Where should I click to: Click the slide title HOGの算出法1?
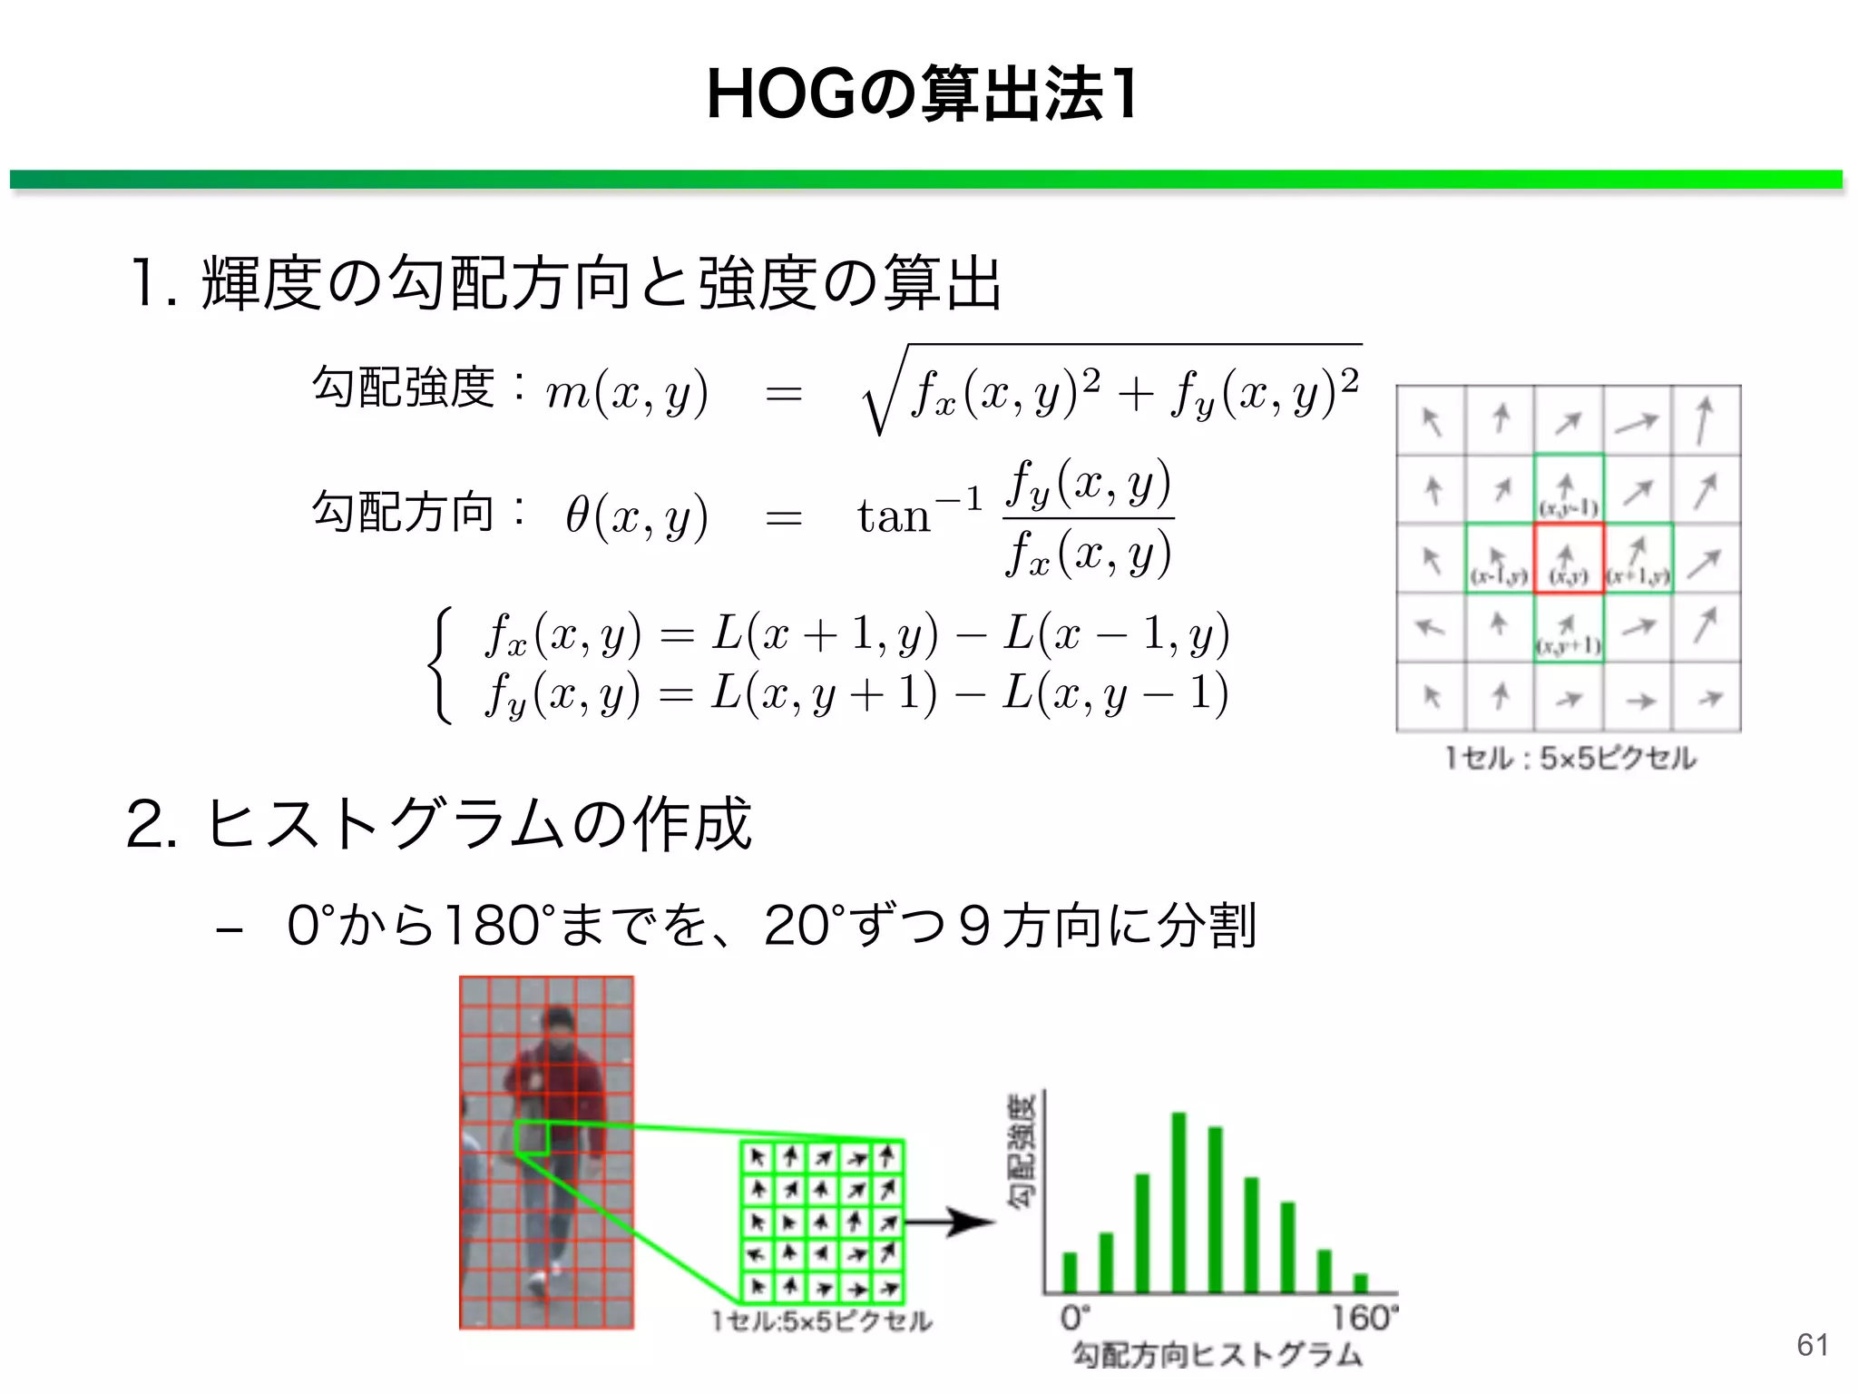(922, 94)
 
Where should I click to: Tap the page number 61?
(1812, 1344)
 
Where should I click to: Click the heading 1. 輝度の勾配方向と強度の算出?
(566, 283)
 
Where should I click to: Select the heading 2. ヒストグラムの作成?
(439, 824)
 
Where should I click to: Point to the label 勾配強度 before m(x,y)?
(403, 388)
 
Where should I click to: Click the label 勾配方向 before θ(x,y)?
(403, 513)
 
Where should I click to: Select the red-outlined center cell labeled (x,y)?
(1569, 558)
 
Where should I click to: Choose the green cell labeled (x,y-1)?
(1569, 489)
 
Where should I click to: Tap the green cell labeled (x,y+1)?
(1569, 628)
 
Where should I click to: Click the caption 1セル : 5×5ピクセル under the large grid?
(1570, 759)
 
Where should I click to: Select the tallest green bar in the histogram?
(1179, 1202)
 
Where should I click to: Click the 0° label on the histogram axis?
(1074, 1318)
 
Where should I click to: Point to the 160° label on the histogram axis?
(1364, 1318)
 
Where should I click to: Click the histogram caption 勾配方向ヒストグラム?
(1217, 1355)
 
